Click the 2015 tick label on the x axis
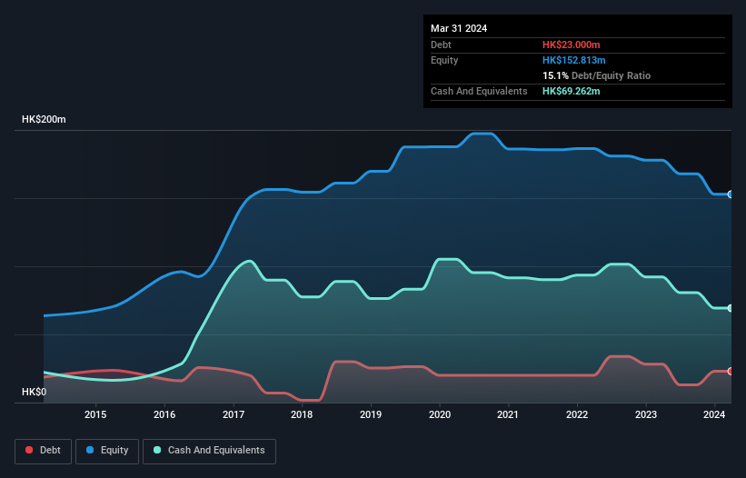[x=95, y=415]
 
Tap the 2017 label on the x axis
[x=234, y=415]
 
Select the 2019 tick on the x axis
[x=371, y=415]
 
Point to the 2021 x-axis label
[x=508, y=415]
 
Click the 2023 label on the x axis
[x=646, y=415]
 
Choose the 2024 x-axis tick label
[x=714, y=415]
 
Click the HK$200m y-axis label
[x=44, y=120]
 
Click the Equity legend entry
[x=106, y=451]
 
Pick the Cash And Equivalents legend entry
[x=209, y=451]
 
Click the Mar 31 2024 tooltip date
[x=459, y=28]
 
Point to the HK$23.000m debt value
[x=572, y=45]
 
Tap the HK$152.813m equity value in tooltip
[x=574, y=60]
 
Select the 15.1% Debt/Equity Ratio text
[x=596, y=75]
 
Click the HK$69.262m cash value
[x=572, y=91]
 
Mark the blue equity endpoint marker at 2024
[x=730, y=194]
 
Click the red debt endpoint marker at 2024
[x=730, y=371]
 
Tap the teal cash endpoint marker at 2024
[x=730, y=308]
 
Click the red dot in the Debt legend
[x=30, y=451]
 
